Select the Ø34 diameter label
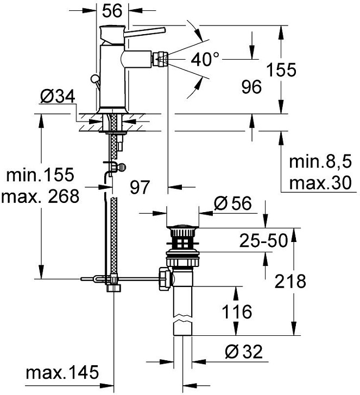pos(57,97)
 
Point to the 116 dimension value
pos(237,312)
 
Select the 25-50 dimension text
pos(264,240)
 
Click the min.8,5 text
pos(319,162)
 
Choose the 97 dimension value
pos(140,187)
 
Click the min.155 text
pos(39,175)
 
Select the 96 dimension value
pos(251,86)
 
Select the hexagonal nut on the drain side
pos(164,277)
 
